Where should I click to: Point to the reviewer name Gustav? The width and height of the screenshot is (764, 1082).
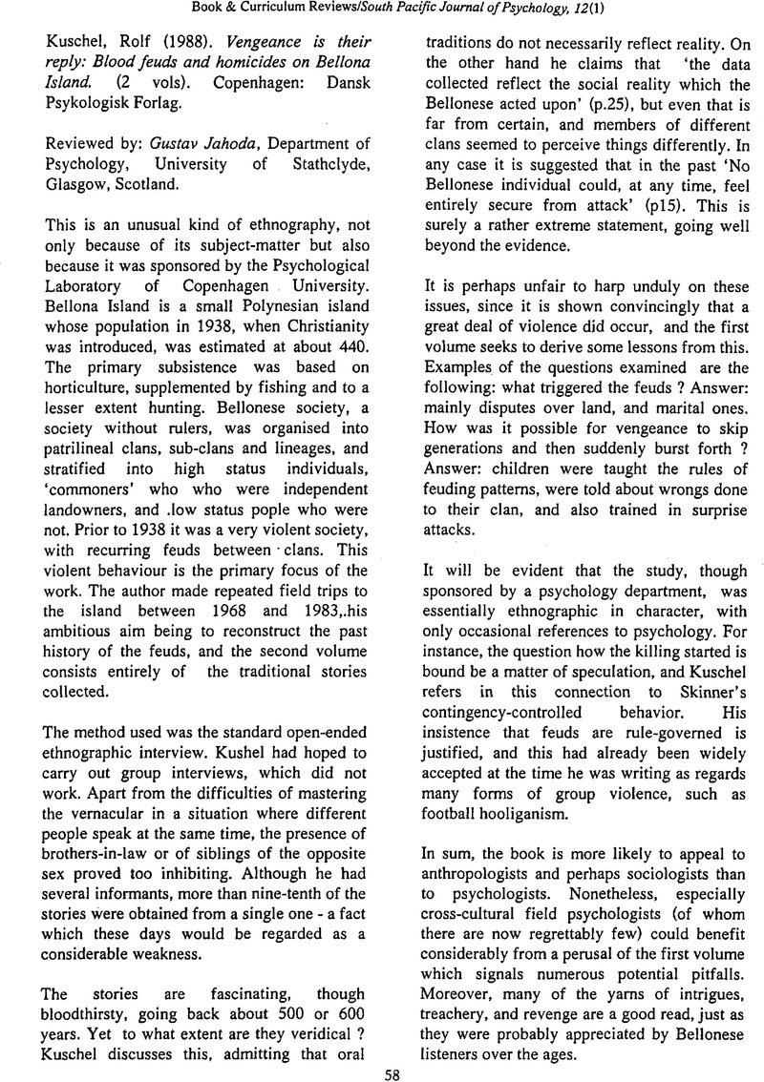[191, 144]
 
